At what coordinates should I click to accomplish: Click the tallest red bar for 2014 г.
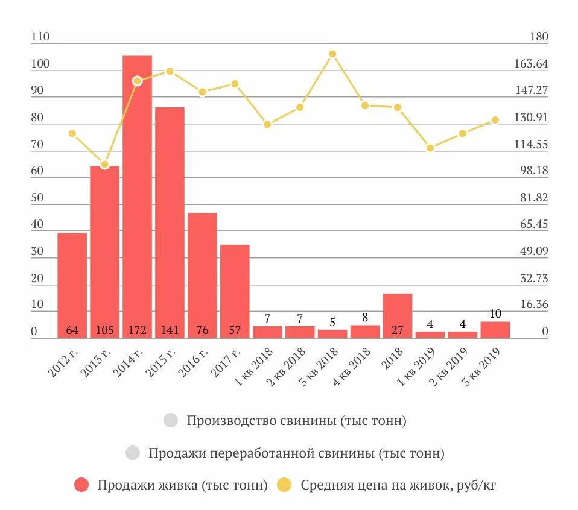(x=138, y=193)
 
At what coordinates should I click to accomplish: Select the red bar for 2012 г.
(x=72, y=283)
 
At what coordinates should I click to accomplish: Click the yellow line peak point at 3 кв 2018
(x=332, y=54)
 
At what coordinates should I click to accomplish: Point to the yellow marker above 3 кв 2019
(x=495, y=120)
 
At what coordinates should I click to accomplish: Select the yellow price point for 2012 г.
(x=72, y=133)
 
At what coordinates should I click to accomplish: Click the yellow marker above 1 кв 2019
(x=430, y=148)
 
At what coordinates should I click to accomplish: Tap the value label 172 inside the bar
(x=138, y=330)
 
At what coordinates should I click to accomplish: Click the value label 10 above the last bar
(x=495, y=313)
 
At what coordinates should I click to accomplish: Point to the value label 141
(x=170, y=330)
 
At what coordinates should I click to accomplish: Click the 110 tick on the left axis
(x=40, y=37)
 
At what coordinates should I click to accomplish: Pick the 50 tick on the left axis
(x=37, y=198)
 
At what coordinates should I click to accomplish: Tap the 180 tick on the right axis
(x=539, y=37)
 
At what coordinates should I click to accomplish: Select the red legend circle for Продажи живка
(x=81, y=485)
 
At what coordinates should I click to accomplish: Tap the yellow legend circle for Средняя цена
(x=284, y=485)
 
